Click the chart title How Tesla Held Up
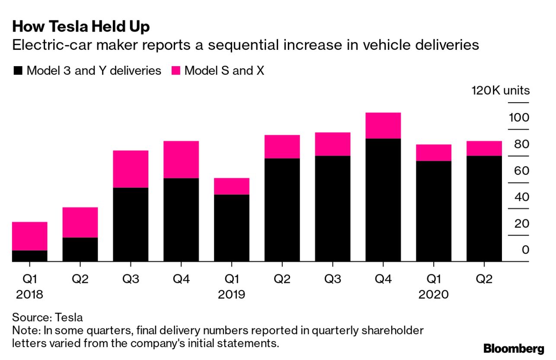tap(81, 27)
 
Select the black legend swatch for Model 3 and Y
tap(18, 71)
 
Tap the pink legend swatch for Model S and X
tap(176, 71)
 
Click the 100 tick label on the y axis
tap(519, 118)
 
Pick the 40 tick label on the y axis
tap(519, 197)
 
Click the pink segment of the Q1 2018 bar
tap(29, 236)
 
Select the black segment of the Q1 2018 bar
tap(29, 256)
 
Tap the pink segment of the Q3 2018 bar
tap(131, 169)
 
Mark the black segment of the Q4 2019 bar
tap(383, 200)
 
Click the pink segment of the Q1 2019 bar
tap(232, 186)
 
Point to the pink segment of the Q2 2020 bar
tap(484, 148)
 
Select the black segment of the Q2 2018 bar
tap(80, 249)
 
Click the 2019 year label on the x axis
tap(232, 295)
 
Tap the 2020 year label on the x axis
tap(434, 295)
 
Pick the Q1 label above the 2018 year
tap(29, 279)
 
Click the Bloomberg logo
tap(514, 349)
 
